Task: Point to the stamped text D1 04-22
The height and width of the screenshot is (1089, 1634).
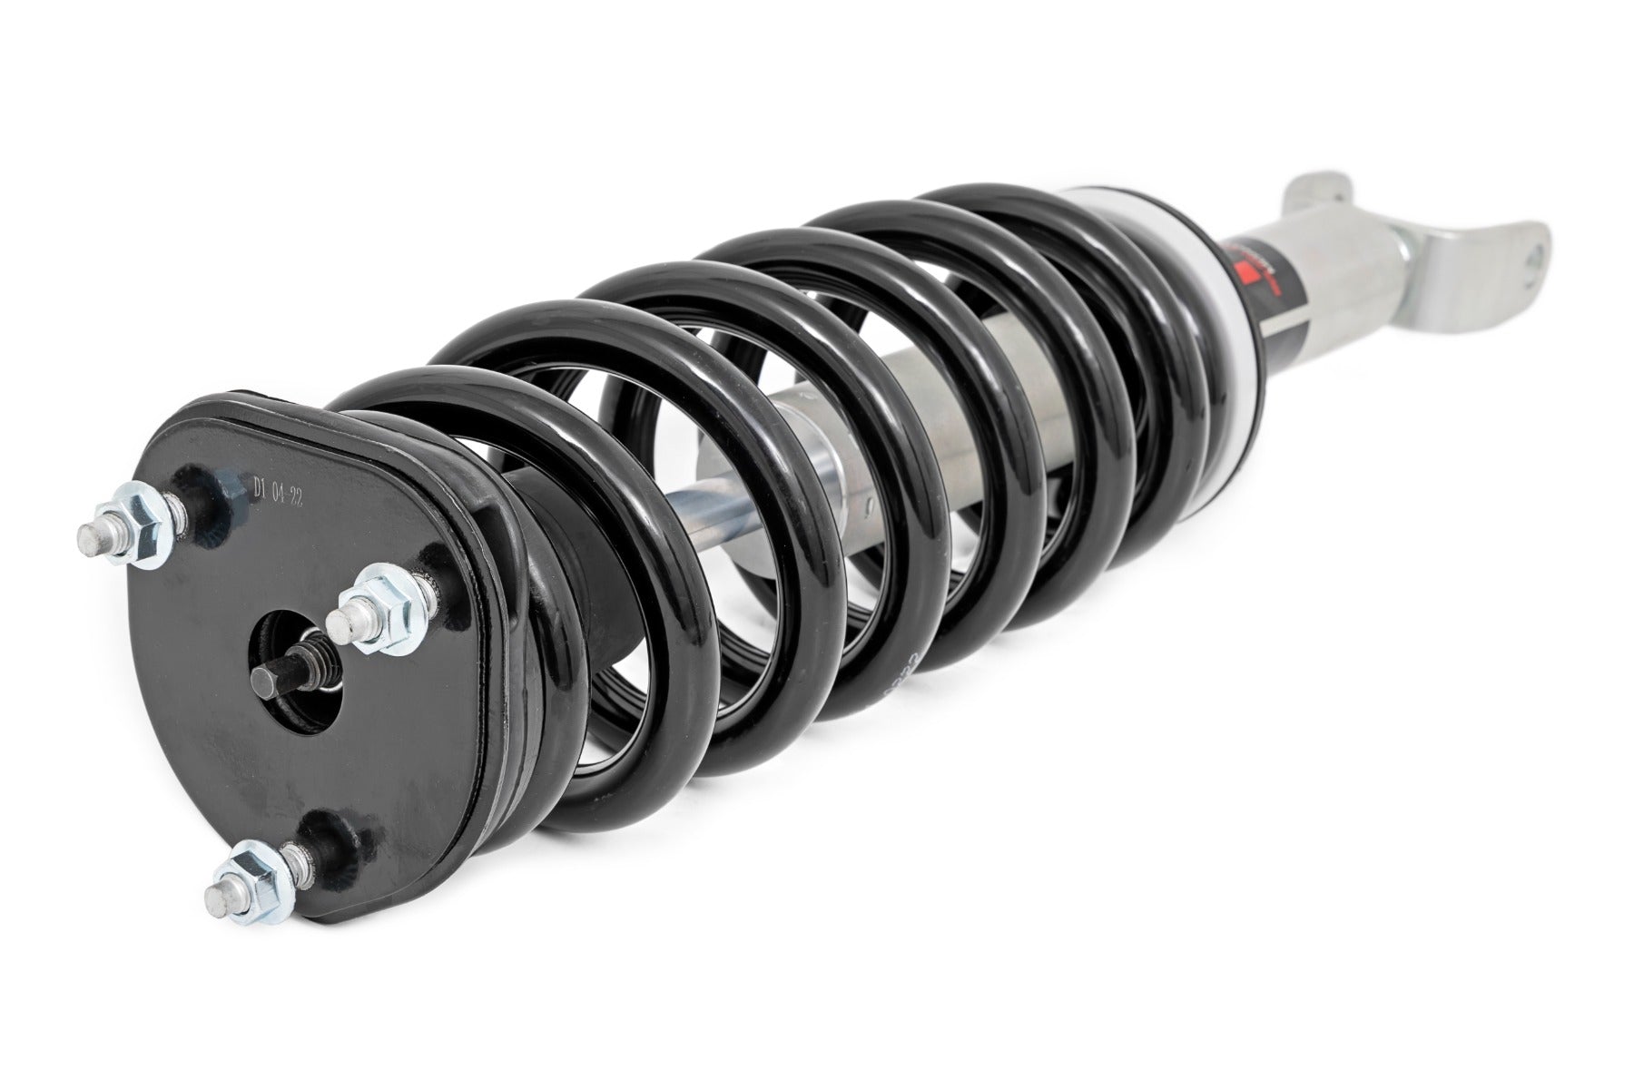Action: (x=274, y=495)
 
